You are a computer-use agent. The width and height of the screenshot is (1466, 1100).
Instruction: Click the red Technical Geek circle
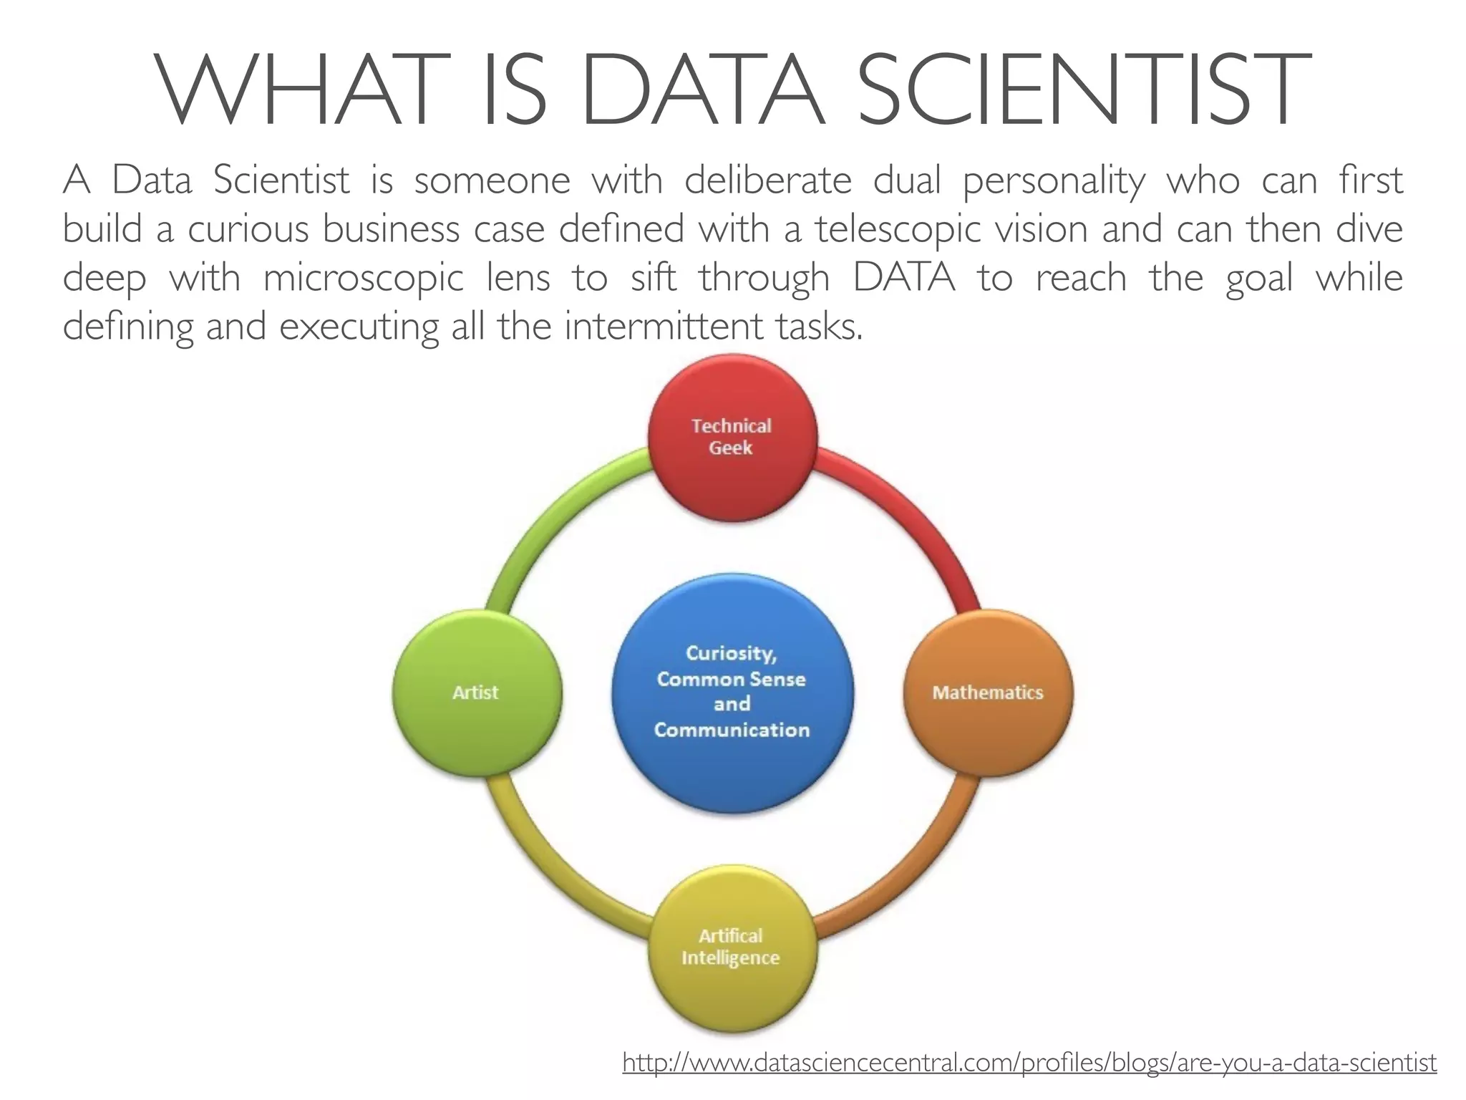click(x=732, y=473)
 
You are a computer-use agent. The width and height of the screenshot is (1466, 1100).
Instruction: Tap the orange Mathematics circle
click(x=988, y=723)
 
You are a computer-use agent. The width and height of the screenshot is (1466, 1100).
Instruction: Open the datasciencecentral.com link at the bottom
click(x=1029, y=1062)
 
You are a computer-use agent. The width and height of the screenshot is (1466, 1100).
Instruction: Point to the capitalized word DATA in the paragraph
click(x=904, y=278)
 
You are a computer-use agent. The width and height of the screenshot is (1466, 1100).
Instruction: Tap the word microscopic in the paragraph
click(x=364, y=278)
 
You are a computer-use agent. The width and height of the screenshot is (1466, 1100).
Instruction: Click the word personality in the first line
click(x=1054, y=180)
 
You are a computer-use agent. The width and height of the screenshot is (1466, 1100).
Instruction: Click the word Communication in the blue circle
click(x=732, y=730)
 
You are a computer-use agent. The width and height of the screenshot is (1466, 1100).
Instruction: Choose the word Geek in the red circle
click(x=731, y=448)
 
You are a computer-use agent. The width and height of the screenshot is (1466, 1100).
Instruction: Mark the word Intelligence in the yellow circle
click(x=730, y=958)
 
